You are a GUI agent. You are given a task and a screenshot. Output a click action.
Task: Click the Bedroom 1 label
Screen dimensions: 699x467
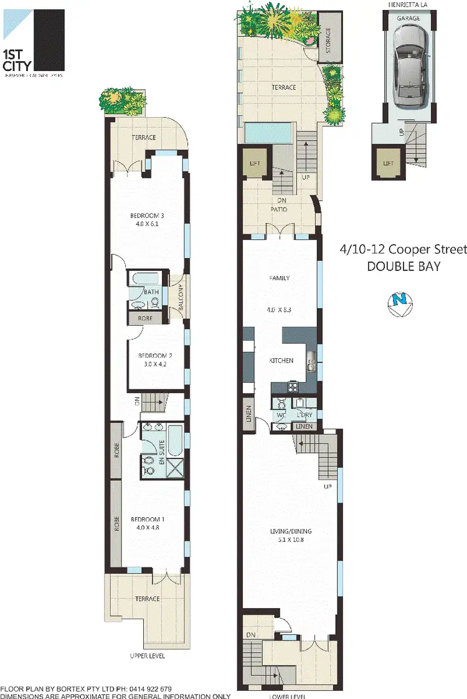146,519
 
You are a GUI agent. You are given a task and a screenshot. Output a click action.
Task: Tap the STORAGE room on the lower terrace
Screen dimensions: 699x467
329,40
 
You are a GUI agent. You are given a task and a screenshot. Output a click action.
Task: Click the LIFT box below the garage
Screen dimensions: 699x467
388,163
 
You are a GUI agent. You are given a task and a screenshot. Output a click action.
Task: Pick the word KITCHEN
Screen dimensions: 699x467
281,361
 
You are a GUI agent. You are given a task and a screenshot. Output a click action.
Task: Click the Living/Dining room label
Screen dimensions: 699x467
291,531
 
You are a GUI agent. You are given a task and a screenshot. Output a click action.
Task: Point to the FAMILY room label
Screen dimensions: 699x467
280,278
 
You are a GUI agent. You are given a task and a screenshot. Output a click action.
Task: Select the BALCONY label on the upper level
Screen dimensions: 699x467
180,297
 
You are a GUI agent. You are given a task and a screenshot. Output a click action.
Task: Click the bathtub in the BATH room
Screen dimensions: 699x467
148,277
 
